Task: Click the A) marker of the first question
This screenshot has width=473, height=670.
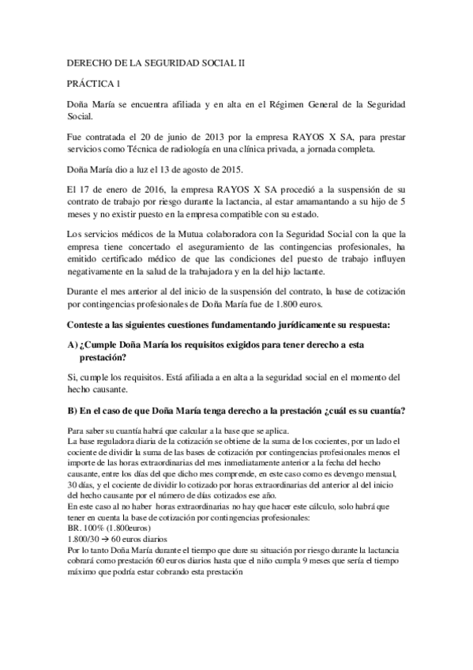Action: pos(74,345)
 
